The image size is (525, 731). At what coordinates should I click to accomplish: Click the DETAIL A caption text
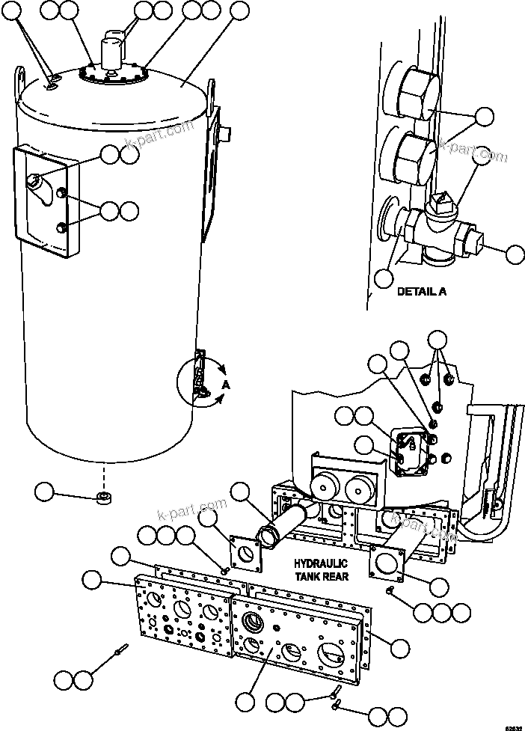421,291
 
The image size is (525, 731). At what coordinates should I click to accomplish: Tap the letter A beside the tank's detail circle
225,384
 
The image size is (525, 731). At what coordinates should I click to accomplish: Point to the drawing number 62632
514,725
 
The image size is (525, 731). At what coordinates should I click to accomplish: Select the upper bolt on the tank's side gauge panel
63,196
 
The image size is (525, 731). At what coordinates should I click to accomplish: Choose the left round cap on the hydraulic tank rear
325,489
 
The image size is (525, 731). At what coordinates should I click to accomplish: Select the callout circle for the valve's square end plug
515,254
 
